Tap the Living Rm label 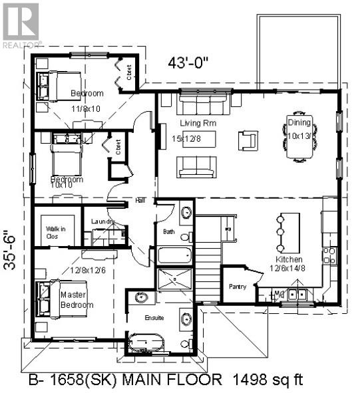(x=194, y=124)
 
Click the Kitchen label (x=290, y=259)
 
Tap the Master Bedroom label (x=77, y=299)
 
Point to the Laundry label (x=102, y=221)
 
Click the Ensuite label (x=154, y=317)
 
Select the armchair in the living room (x=248, y=140)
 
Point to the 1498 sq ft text (x=267, y=380)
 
